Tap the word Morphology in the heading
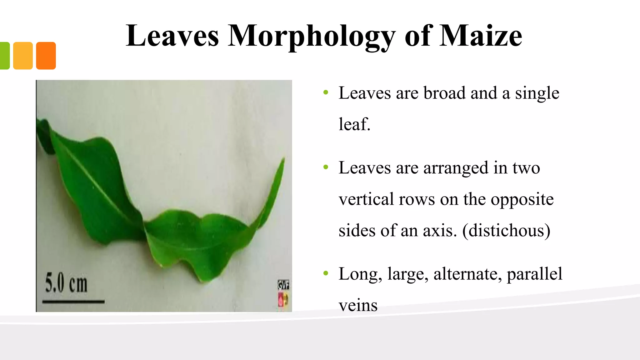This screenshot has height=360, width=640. pos(311,37)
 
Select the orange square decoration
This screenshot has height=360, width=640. pos(46,56)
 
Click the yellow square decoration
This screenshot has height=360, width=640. pos(23,56)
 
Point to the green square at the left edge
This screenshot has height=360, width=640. pos(4,56)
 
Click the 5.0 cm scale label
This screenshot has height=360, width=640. pos(66,283)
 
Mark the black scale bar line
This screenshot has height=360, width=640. pos(73,302)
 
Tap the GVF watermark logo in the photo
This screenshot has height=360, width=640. pos(283,285)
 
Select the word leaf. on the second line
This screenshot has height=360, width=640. pos(354,124)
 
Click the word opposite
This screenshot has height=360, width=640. pos(522,199)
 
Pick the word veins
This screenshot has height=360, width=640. pos(358,305)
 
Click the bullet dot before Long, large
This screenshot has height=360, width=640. pos(326,273)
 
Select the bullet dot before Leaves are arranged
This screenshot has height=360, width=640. pos(326,167)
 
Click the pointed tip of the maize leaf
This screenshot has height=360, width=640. pos(284,159)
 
